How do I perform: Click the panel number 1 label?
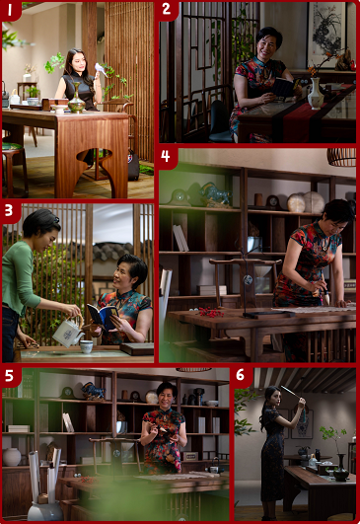tap(9, 10)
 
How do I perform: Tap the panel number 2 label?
tap(167, 9)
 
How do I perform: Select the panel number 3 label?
tap(9, 210)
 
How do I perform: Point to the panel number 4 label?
tap(166, 156)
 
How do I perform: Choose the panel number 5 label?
tap(9, 376)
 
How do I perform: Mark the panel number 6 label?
tap(240, 375)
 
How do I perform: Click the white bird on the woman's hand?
tap(100, 69)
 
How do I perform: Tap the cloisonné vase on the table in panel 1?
tap(77, 98)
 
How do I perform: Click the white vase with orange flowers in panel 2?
tap(316, 93)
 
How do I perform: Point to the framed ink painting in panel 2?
tap(326, 35)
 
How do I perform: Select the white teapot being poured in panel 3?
tap(68, 331)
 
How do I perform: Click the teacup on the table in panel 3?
tap(86, 346)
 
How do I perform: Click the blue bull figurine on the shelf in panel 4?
tap(215, 193)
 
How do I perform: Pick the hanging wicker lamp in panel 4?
tap(341, 157)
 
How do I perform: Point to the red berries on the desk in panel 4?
tap(210, 312)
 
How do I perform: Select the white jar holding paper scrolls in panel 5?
tap(44, 511)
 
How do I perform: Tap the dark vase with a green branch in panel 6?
tap(341, 468)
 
